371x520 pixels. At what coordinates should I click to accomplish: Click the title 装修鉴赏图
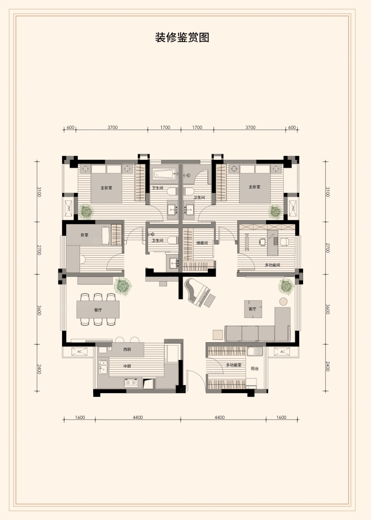182,38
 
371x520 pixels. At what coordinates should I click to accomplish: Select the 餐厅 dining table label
98,310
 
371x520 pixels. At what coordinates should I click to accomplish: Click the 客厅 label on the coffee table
252,309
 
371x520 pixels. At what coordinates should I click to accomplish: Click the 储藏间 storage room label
202,243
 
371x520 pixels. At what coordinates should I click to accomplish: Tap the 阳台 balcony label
255,368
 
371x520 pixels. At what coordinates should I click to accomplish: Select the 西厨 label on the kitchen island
127,350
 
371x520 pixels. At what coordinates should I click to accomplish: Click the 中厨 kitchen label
127,366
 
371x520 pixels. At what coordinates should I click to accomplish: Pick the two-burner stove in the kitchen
131,383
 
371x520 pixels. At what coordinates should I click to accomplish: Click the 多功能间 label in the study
272,265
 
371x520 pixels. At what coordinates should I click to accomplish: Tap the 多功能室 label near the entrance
234,365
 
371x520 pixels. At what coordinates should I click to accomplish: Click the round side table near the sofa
283,302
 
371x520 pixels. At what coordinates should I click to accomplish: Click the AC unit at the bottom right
282,352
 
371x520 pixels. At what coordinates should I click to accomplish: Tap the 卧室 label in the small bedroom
85,235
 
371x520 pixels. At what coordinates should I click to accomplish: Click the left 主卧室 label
106,188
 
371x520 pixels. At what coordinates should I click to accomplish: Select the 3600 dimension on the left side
39,310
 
